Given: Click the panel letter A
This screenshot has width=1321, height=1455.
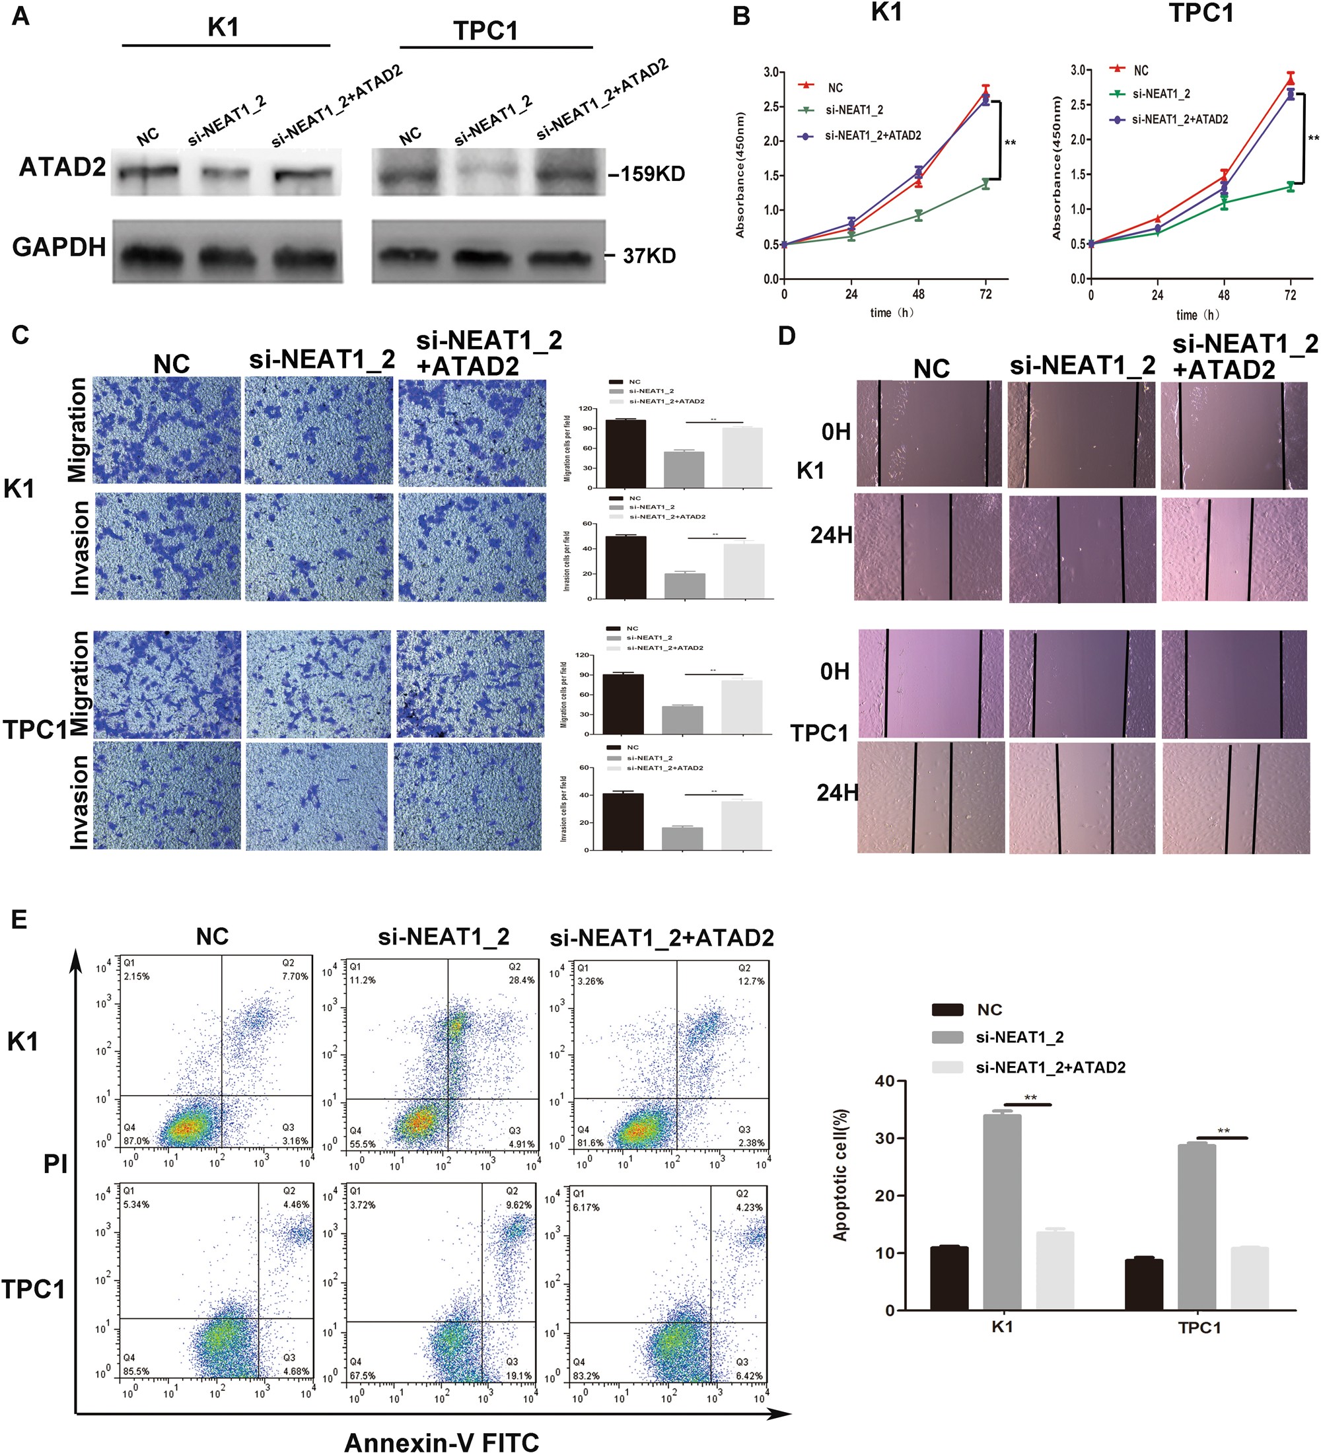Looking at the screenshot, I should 21,16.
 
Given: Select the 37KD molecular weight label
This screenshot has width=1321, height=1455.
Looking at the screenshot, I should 648,256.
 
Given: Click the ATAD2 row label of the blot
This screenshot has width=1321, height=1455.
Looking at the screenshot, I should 62,168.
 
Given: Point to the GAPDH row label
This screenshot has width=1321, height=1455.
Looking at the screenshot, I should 59,247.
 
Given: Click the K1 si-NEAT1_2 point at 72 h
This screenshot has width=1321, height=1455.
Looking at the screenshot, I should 985,184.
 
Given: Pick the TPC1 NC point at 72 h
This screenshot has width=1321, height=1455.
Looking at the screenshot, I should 1290,79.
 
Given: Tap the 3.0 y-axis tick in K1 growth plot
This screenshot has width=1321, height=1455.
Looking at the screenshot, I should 771,72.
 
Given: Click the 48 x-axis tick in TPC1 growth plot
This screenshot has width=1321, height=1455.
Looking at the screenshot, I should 1223,295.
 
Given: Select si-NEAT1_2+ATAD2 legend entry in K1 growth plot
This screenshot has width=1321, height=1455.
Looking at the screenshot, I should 873,135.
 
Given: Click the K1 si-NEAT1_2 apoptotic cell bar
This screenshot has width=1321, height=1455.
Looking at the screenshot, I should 1002,1212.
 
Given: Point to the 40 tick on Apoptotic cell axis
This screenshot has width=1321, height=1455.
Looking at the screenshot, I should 884,1081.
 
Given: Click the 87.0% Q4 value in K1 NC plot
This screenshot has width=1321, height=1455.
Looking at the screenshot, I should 137,1141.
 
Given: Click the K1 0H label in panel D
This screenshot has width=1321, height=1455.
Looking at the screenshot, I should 836,433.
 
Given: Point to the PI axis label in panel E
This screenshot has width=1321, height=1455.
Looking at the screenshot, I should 55,1164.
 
